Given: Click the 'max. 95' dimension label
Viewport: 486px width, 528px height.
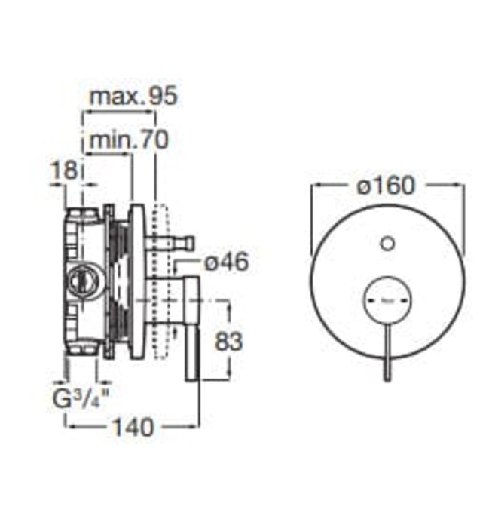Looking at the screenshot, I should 132,97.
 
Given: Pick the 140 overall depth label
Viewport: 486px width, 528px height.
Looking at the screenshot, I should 133,427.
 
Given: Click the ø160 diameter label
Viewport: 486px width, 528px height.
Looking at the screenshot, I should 387,185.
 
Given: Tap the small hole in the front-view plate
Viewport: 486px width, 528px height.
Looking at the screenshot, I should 387,243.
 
